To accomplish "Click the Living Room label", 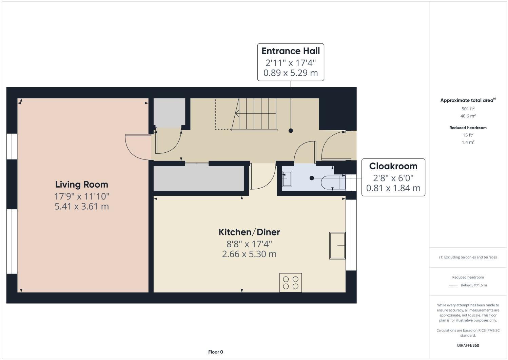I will point(82,185).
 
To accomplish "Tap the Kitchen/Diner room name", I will point(249,232).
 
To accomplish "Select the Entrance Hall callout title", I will point(291,51).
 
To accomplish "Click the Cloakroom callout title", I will point(393,166).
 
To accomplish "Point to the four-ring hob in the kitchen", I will point(291,283).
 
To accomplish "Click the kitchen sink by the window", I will point(337,246).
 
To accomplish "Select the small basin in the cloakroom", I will point(287,178).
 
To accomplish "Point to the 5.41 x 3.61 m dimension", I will point(82,206).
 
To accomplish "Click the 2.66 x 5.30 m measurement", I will point(249,254).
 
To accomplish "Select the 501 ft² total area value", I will point(468,109).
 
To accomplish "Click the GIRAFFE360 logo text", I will point(468,345).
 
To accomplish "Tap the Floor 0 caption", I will point(216,352).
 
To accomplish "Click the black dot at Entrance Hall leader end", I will point(291,131).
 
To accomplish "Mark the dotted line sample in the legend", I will point(453,285).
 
